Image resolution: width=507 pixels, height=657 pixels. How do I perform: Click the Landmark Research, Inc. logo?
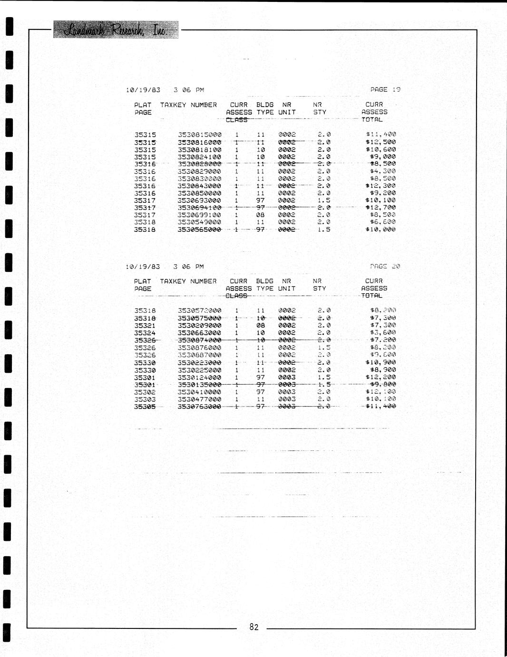pos(116,30)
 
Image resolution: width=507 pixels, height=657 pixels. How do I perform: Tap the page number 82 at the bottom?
pos(254,627)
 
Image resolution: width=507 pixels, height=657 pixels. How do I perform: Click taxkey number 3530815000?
pos(200,135)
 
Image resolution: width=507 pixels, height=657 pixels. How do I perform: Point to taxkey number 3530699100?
pos(200,215)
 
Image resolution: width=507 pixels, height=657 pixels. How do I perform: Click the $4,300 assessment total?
pos(383,171)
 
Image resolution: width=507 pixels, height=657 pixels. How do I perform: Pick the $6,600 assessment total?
pos(383,222)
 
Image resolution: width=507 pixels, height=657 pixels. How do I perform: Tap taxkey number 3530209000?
pos(200,326)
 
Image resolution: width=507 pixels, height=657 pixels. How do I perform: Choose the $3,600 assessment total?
pos(383,333)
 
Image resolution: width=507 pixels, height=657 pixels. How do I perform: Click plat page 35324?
pos(145,333)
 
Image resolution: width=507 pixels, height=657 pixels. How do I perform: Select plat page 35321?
pos(145,326)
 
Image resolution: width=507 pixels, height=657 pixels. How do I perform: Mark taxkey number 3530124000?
pos(200,378)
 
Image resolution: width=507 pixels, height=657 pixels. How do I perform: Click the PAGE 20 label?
pos(385,267)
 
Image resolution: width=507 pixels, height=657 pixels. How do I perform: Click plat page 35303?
pos(145,399)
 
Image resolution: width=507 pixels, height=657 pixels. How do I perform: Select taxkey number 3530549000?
pos(200,222)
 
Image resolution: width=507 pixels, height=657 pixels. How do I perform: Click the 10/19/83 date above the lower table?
pos(143,267)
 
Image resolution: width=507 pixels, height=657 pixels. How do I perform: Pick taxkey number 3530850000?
pos(200,193)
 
